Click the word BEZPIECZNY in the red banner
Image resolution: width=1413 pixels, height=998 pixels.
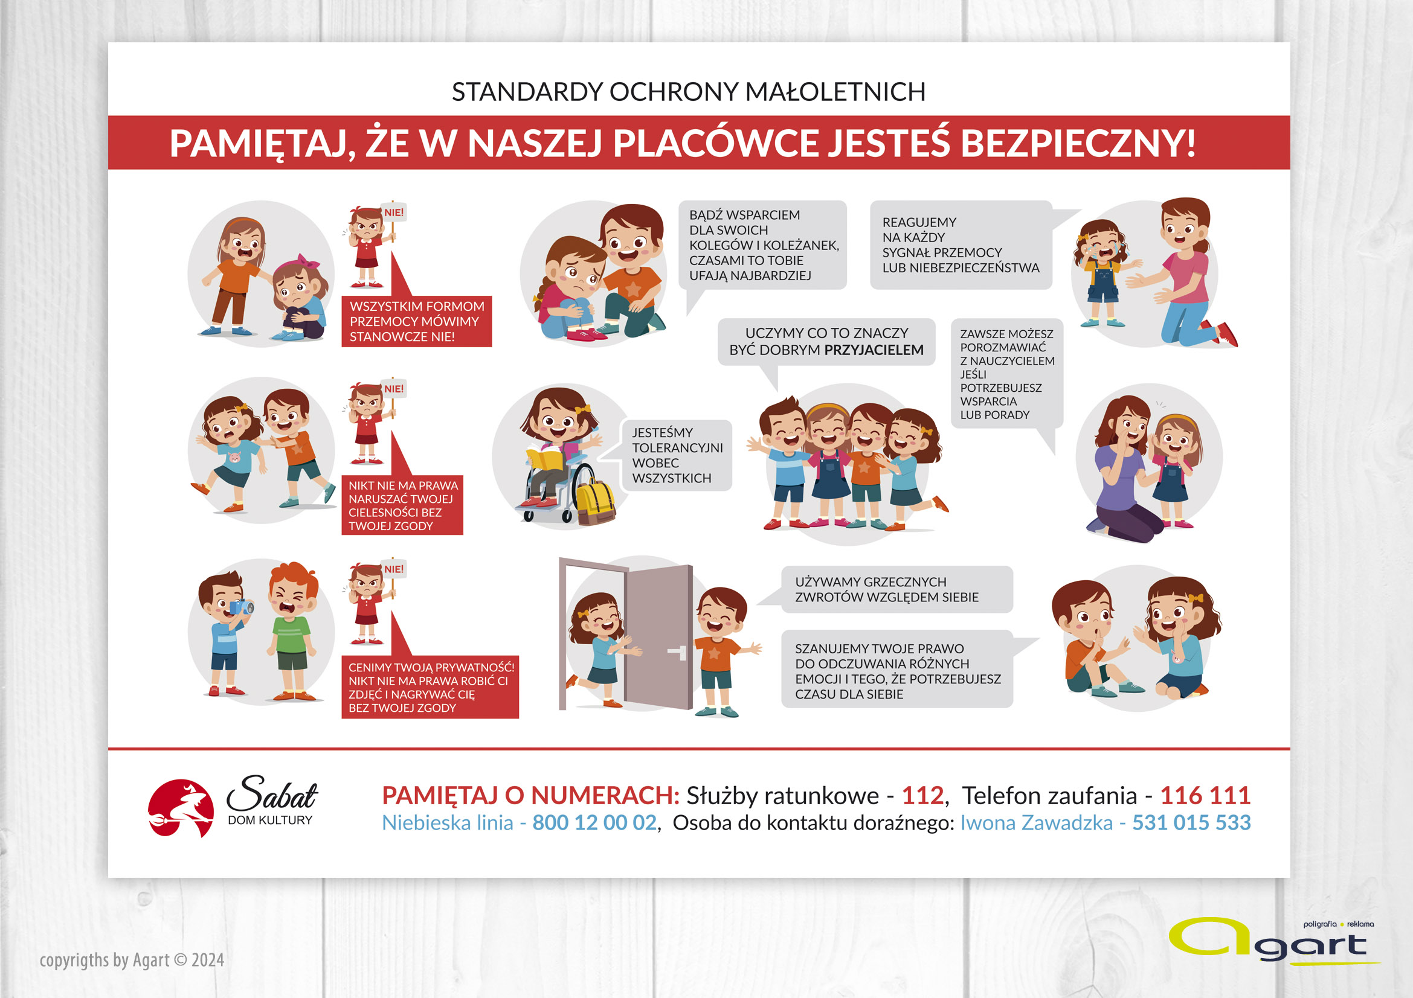(1078, 143)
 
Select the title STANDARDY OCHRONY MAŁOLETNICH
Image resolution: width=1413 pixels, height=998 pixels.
(689, 92)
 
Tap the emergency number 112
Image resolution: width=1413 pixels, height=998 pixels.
(922, 796)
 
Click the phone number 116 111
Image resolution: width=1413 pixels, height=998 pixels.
(1205, 796)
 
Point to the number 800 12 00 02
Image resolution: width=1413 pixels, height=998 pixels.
(594, 823)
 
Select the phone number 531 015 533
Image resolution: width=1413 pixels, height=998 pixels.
(1191, 823)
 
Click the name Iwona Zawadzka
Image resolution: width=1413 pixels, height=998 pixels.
(1037, 823)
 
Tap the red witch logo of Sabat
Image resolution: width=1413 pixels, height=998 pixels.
(181, 808)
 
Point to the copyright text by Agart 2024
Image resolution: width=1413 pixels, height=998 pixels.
(132, 960)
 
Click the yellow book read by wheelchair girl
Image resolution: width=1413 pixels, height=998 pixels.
(546, 458)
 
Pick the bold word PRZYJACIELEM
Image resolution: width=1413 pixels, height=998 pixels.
(874, 350)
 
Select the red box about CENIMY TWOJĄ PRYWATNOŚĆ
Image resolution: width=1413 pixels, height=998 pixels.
(430, 688)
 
